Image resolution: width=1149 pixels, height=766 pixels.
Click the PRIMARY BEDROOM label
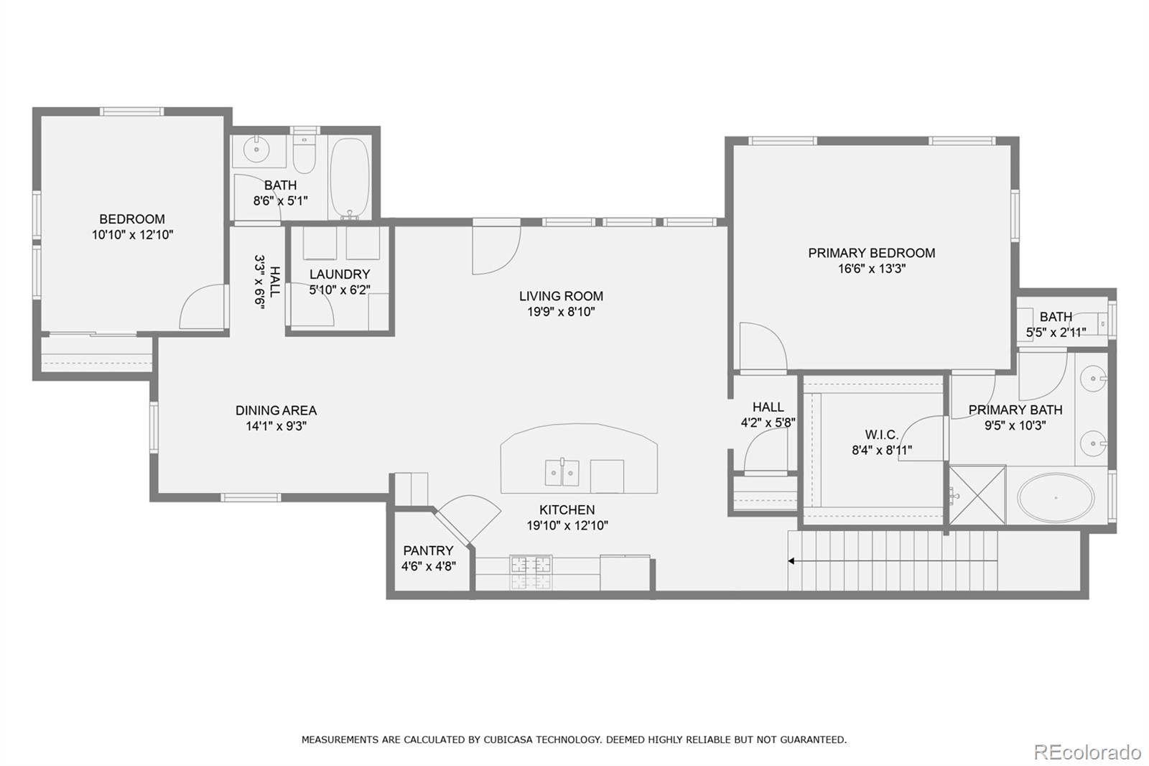pos(871,253)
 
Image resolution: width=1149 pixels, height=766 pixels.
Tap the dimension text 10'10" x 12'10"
pos(133,235)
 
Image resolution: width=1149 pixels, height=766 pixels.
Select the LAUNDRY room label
pos(340,274)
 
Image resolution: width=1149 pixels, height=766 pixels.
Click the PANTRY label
pos(428,550)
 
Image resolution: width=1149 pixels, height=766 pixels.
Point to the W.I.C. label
pos(881,435)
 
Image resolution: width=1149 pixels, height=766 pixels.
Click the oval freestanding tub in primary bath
pos(1056,498)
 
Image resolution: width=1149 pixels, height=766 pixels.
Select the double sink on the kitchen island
pos(562,473)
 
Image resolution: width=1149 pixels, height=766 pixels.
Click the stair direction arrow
pos(792,560)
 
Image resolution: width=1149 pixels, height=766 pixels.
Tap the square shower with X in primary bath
pos(977,494)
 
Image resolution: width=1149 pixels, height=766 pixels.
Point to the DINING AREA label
pos(276,410)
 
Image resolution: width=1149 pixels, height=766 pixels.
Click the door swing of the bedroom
pos(203,308)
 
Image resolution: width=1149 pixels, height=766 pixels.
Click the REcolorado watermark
pos(1087,752)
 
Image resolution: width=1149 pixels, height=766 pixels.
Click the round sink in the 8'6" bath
pos(255,150)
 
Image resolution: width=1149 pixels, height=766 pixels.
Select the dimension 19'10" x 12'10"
pos(567,525)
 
